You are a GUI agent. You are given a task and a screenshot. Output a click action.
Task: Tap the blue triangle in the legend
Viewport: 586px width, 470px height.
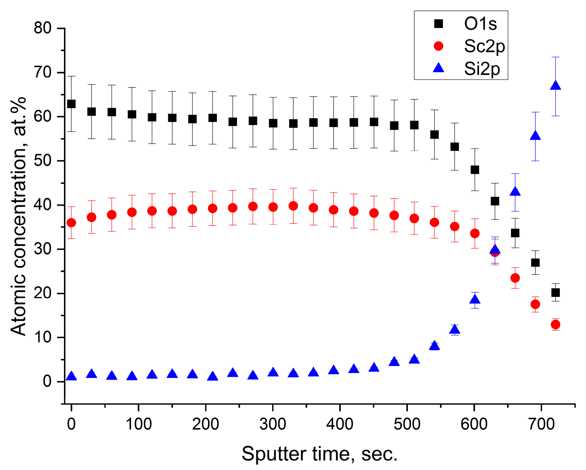pyautogui.click(x=438, y=68)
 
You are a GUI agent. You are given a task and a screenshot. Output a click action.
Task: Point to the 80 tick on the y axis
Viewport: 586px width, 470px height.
pyautogui.click(x=42, y=28)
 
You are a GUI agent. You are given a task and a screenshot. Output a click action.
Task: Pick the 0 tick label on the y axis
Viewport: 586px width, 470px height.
pyautogui.click(x=47, y=381)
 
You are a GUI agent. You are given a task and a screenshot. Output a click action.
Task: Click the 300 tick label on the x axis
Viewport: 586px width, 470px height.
pyautogui.click(x=273, y=424)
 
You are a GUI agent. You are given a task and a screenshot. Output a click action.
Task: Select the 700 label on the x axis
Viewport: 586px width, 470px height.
pyautogui.click(x=541, y=424)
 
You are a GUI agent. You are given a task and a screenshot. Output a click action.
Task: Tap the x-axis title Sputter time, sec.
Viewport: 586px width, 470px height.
pyautogui.click(x=320, y=454)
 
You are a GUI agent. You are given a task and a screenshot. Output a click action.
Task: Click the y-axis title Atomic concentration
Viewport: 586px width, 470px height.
pyautogui.click(x=19, y=217)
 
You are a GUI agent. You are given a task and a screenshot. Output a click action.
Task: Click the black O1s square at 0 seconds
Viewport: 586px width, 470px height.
pyautogui.click(x=71, y=104)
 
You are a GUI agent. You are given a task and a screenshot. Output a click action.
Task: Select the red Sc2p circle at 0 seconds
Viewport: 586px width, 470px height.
pyautogui.click(x=71, y=223)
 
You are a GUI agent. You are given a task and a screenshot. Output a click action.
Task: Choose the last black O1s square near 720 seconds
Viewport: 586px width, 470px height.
pyautogui.click(x=555, y=293)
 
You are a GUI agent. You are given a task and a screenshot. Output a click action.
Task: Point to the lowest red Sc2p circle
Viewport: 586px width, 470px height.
pyautogui.click(x=555, y=324)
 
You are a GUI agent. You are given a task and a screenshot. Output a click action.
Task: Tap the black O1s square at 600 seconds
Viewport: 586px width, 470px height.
pyautogui.click(x=475, y=170)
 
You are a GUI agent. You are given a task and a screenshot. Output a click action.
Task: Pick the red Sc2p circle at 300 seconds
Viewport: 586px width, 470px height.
pyautogui.click(x=273, y=207)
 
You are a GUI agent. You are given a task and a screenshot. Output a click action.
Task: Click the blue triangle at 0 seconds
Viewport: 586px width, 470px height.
pyautogui.click(x=71, y=376)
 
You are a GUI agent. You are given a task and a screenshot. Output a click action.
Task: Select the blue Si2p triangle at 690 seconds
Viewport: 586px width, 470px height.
pyautogui.click(x=535, y=136)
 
